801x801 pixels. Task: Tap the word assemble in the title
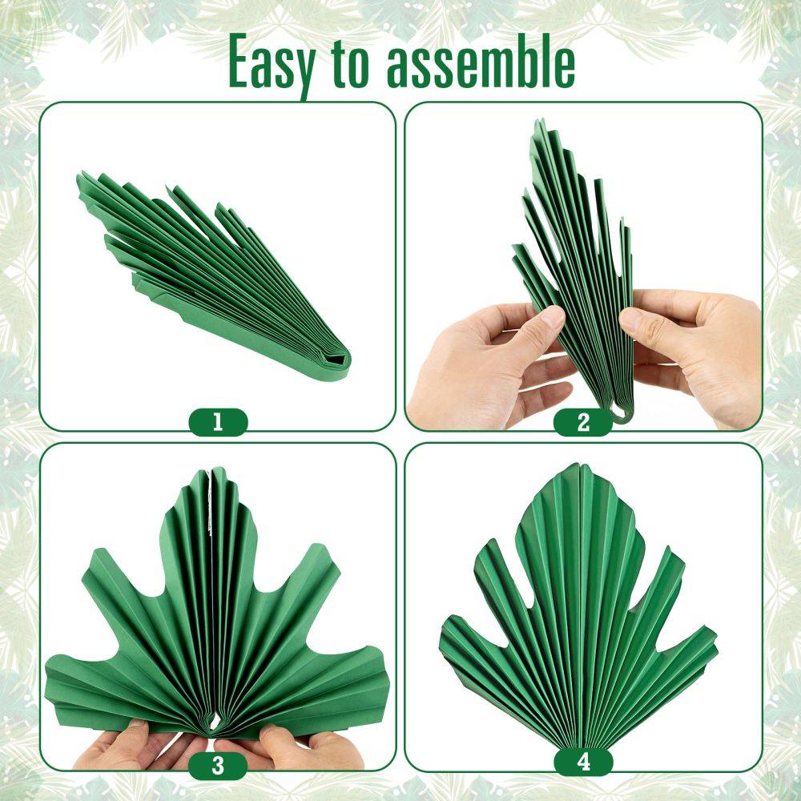click(481, 62)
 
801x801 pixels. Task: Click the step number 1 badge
click(218, 422)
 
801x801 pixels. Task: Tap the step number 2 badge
click(583, 422)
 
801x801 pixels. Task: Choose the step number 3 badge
click(218, 766)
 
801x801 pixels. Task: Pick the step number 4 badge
click(583, 763)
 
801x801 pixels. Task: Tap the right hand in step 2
click(694, 352)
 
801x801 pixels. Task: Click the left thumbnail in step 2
click(552, 317)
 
